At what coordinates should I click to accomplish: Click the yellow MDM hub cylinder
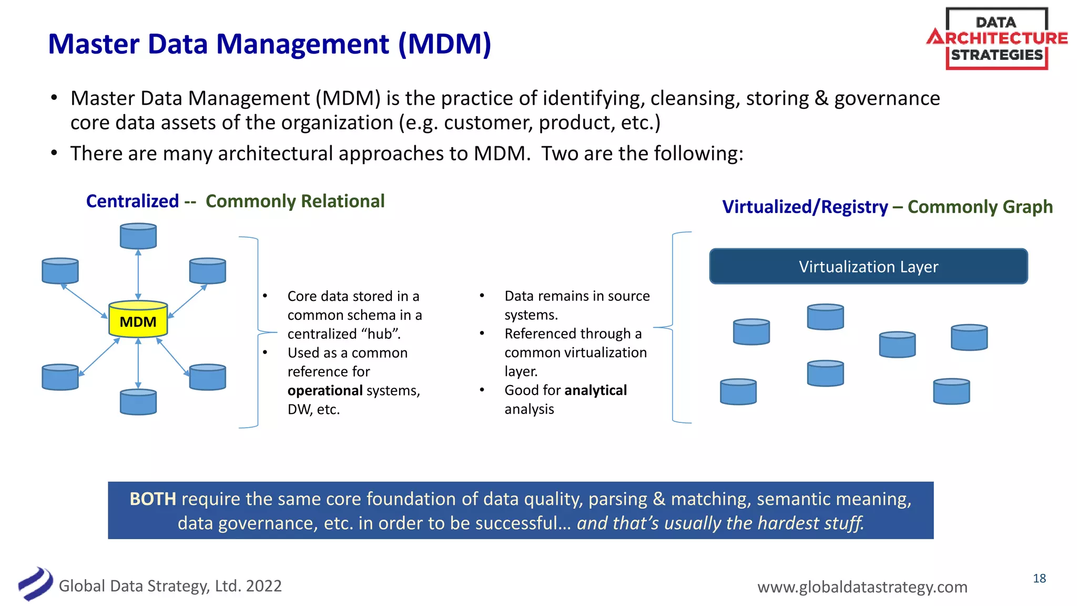(138, 319)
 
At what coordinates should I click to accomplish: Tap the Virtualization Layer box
(868, 267)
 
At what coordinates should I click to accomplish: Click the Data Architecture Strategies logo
(997, 39)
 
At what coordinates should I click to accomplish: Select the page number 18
(1039, 579)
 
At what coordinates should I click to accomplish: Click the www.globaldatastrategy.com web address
(862, 587)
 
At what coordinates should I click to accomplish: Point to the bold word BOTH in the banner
(153, 499)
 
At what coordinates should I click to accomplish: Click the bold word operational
(324, 390)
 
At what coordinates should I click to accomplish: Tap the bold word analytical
(595, 390)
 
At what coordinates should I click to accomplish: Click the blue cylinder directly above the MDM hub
(138, 236)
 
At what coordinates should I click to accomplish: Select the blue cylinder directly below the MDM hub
(138, 402)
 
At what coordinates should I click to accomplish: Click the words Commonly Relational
(295, 201)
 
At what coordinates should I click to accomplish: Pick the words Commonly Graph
(980, 207)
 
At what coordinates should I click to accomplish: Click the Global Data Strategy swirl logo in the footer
(35, 584)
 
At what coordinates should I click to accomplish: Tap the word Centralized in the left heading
(133, 201)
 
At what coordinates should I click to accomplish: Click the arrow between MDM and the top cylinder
(138, 275)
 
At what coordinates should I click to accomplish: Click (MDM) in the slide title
(444, 44)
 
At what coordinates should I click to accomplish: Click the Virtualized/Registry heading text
(805, 207)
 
